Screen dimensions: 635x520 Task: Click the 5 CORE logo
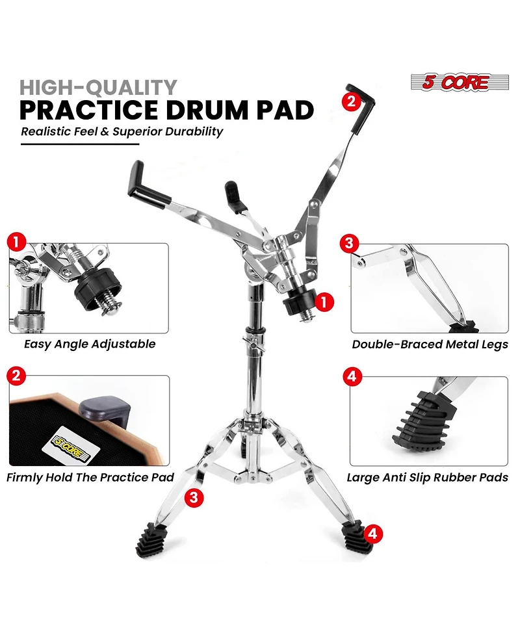(x=454, y=83)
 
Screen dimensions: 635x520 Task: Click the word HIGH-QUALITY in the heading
(x=98, y=87)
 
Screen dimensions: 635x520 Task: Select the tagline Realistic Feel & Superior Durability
(x=122, y=131)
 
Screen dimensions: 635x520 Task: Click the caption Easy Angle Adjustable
(x=90, y=344)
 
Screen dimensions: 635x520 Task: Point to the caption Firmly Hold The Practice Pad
(x=90, y=477)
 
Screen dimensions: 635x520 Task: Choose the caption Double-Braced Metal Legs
(x=430, y=344)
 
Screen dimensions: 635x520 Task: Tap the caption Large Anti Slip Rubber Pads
(x=427, y=478)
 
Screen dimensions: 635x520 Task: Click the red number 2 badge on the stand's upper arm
(x=351, y=101)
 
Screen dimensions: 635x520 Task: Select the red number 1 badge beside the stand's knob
(x=324, y=301)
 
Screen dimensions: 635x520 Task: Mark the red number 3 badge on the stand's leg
(x=192, y=498)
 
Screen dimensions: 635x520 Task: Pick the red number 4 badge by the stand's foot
(x=371, y=533)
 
